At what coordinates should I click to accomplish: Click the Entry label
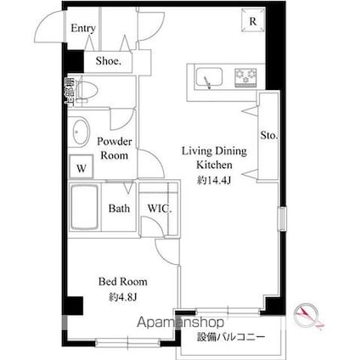point(82,28)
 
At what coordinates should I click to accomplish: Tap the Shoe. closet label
point(108,61)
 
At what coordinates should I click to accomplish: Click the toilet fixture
point(89,90)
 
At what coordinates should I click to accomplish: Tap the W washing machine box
point(81,167)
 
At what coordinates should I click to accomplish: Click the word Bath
point(119,208)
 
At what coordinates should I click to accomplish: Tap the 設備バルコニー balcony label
point(230,336)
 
